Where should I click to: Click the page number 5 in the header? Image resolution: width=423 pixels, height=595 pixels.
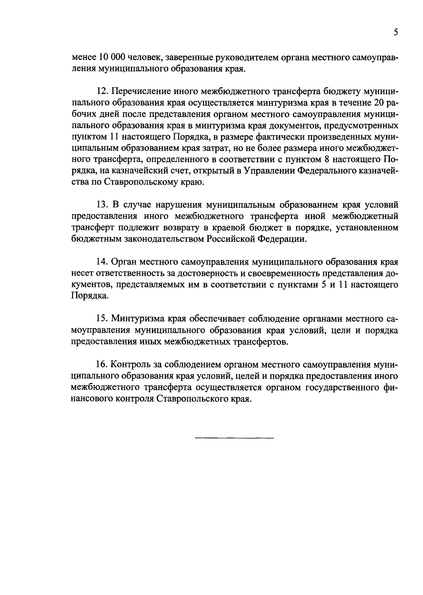[396, 32]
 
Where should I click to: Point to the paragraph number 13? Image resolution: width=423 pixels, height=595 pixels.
[102, 205]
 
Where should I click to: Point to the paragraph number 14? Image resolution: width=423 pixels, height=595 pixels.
[102, 262]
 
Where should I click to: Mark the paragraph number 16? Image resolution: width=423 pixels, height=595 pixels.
[102, 364]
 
